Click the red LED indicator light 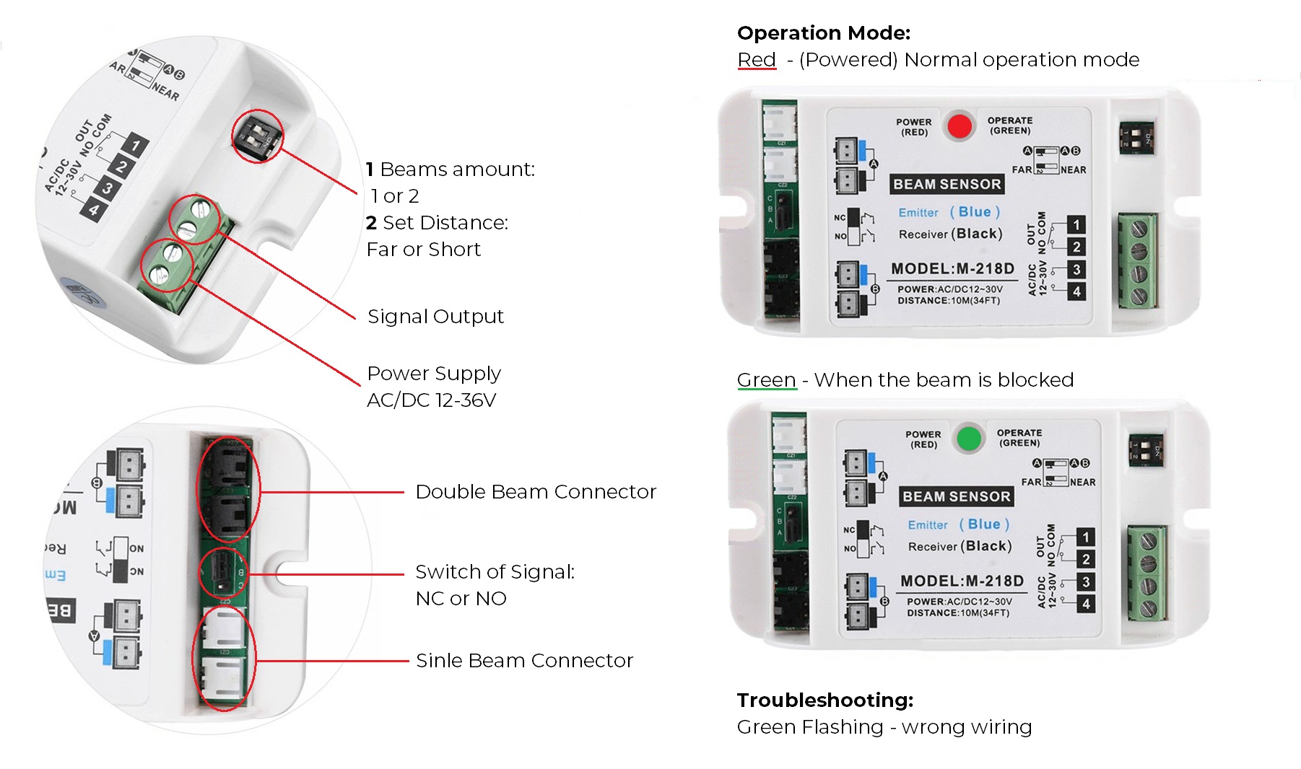coord(960,126)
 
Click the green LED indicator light coord(969,438)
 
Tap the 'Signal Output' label coord(435,317)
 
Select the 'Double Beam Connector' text coord(536,492)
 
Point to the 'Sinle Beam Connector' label coord(524,661)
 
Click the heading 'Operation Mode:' coord(824,33)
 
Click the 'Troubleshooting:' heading coord(825,700)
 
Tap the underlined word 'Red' coord(757,60)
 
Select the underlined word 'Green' coord(766,380)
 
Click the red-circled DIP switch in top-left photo coord(257,136)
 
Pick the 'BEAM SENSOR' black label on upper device coord(947,185)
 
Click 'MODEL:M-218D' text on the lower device coord(962,581)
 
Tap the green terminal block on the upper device coord(1139,261)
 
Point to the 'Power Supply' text coord(434,374)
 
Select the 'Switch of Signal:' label coord(495,572)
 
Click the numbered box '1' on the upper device coord(1076,225)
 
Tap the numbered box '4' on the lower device coord(1086,605)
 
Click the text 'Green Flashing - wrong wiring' coord(884,727)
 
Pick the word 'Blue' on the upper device coord(975,212)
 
